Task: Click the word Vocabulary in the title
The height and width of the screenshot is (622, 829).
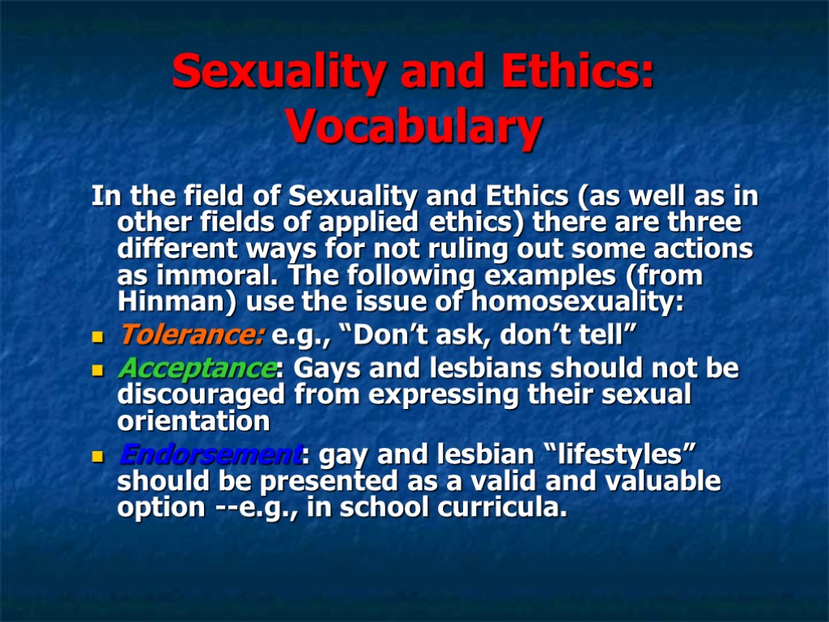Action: [414, 128]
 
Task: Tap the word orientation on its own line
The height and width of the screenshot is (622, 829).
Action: [193, 422]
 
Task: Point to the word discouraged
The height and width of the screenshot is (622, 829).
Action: [202, 395]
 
